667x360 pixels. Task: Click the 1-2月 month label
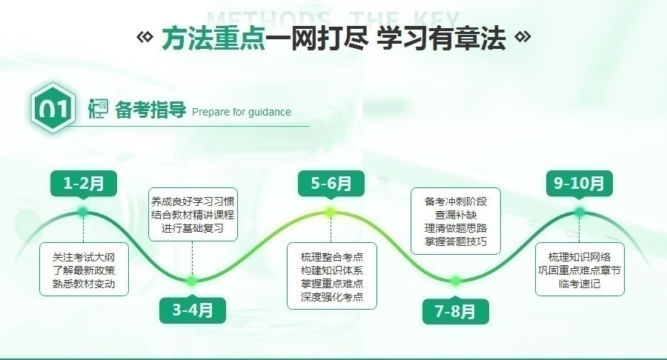click(83, 184)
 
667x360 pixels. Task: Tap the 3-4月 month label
click(192, 310)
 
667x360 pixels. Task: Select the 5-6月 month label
click(331, 184)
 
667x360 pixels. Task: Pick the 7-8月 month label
click(455, 312)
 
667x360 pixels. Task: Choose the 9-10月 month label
click(579, 184)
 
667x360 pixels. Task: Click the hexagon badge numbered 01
click(53, 108)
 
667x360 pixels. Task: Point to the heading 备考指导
click(150, 110)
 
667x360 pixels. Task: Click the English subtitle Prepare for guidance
click(242, 112)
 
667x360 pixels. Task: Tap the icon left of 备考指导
click(98, 108)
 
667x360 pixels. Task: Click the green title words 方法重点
click(213, 39)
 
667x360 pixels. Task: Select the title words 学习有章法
click(441, 39)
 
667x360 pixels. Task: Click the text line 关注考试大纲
click(84, 257)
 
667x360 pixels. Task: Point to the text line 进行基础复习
click(193, 228)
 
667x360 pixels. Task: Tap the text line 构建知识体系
click(332, 270)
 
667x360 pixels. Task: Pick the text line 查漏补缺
click(456, 215)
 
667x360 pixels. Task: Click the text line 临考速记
click(580, 284)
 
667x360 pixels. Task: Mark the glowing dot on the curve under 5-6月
click(331, 212)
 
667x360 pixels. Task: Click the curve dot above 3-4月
click(192, 281)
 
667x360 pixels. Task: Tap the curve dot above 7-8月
click(456, 281)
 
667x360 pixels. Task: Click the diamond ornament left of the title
click(145, 37)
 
